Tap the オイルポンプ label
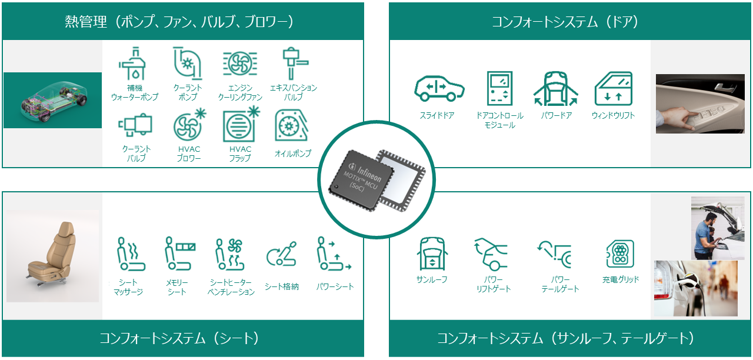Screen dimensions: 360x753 [x=292, y=154]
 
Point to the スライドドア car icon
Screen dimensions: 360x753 [x=438, y=88]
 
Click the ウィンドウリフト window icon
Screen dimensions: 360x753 [x=613, y=89]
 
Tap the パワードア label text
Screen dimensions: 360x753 [x=557, y=116]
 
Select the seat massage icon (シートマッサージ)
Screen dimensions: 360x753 [x=128, y=255]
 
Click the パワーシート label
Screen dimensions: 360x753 [x=335, y=287]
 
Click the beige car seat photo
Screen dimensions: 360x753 [x=52, y=256]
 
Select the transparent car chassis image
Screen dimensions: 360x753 [x=52, y=100]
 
